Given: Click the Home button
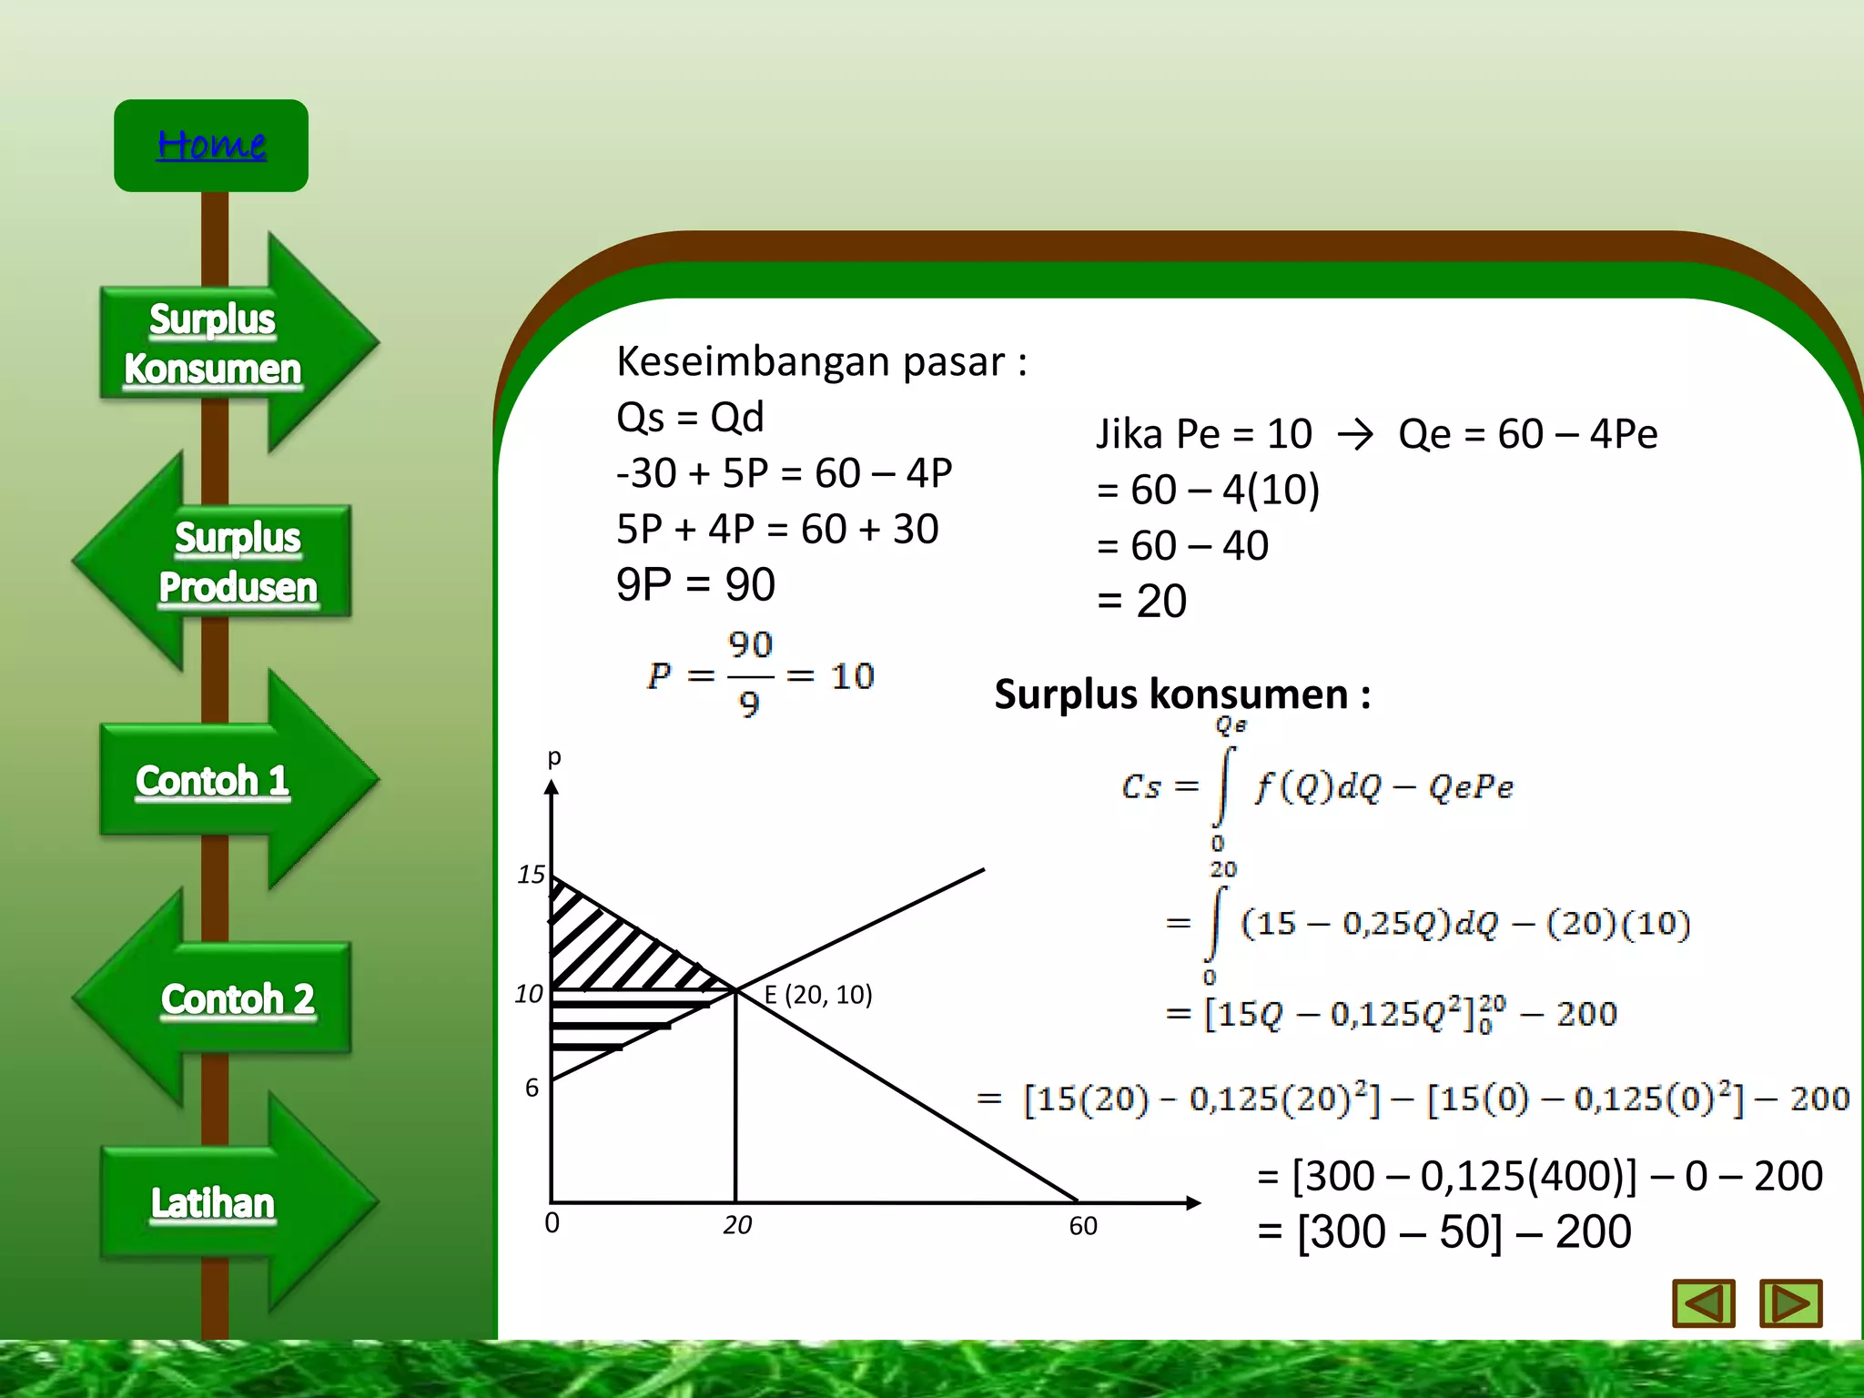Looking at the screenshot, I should [x=211, y=146].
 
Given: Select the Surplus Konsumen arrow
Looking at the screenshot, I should [x=215, y=344].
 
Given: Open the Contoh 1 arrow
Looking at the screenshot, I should [x=213, y=781].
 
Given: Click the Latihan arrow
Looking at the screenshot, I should [x=213, y=1203].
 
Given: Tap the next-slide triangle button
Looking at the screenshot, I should [x=1789, y=1303].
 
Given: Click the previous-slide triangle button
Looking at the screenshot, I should [x=1703, y=1303].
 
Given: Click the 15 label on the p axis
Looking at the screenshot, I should [x=531, y=875].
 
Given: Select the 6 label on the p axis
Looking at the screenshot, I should [x=532, y=1088].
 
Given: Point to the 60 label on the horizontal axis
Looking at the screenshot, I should [x=1083, y=1226].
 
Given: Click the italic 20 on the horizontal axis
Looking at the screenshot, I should [x=737, y=1225].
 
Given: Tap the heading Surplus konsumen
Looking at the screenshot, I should [x=1181, y=694].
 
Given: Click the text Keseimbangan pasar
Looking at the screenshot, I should [x=821, y=361].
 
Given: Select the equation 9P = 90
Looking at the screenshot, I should [x=695, y=584].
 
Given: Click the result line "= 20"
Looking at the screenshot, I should [x=1141, y=602].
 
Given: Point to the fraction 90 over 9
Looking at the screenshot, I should [x=750, y=674].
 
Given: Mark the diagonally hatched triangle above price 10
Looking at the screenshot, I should [x=610, y=947].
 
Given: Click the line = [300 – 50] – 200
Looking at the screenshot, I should [x=1444, y=1232].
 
